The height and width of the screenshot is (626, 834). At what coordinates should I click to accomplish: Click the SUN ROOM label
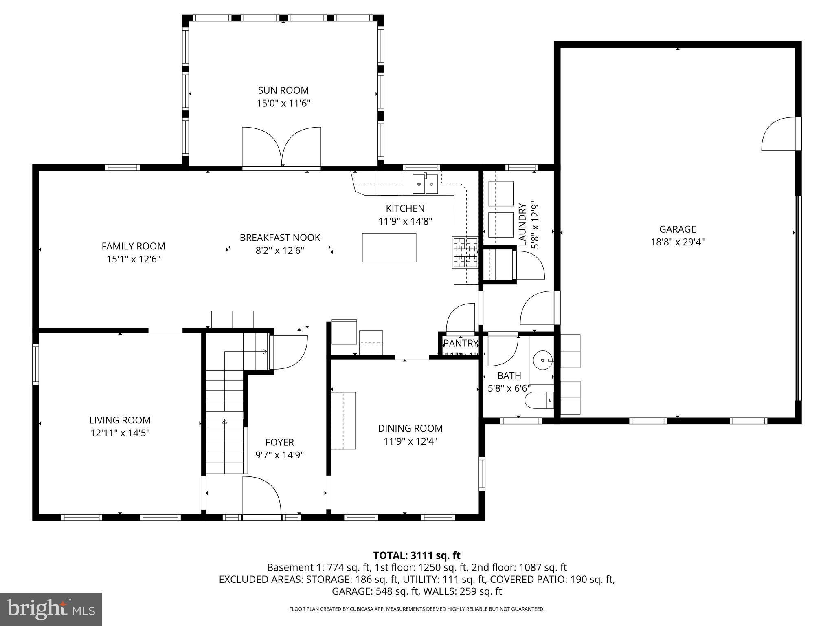point(283,90)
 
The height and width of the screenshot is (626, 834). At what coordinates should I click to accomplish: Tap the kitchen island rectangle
point(389,247)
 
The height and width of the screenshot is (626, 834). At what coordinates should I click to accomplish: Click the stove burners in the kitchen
point(465,253)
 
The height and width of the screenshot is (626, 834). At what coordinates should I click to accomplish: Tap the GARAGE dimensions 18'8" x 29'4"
point(677,242)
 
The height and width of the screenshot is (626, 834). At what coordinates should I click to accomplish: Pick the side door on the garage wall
point(779,134)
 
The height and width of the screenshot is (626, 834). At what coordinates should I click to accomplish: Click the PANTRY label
point(460,344)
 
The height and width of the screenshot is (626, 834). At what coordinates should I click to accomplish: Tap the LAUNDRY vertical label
point(522,225)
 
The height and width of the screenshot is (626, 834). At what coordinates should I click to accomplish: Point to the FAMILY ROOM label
point(133,246)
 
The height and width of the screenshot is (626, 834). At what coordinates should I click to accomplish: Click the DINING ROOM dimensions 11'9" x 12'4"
point(410,441)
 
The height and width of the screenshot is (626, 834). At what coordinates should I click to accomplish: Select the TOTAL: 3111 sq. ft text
point(417,555)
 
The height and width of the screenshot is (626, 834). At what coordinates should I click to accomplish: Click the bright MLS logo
point(50,609)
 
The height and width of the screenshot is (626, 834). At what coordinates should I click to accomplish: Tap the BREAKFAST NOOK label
point(280,238)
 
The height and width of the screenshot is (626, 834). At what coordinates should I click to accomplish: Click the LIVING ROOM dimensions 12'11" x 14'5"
point(120,433)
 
